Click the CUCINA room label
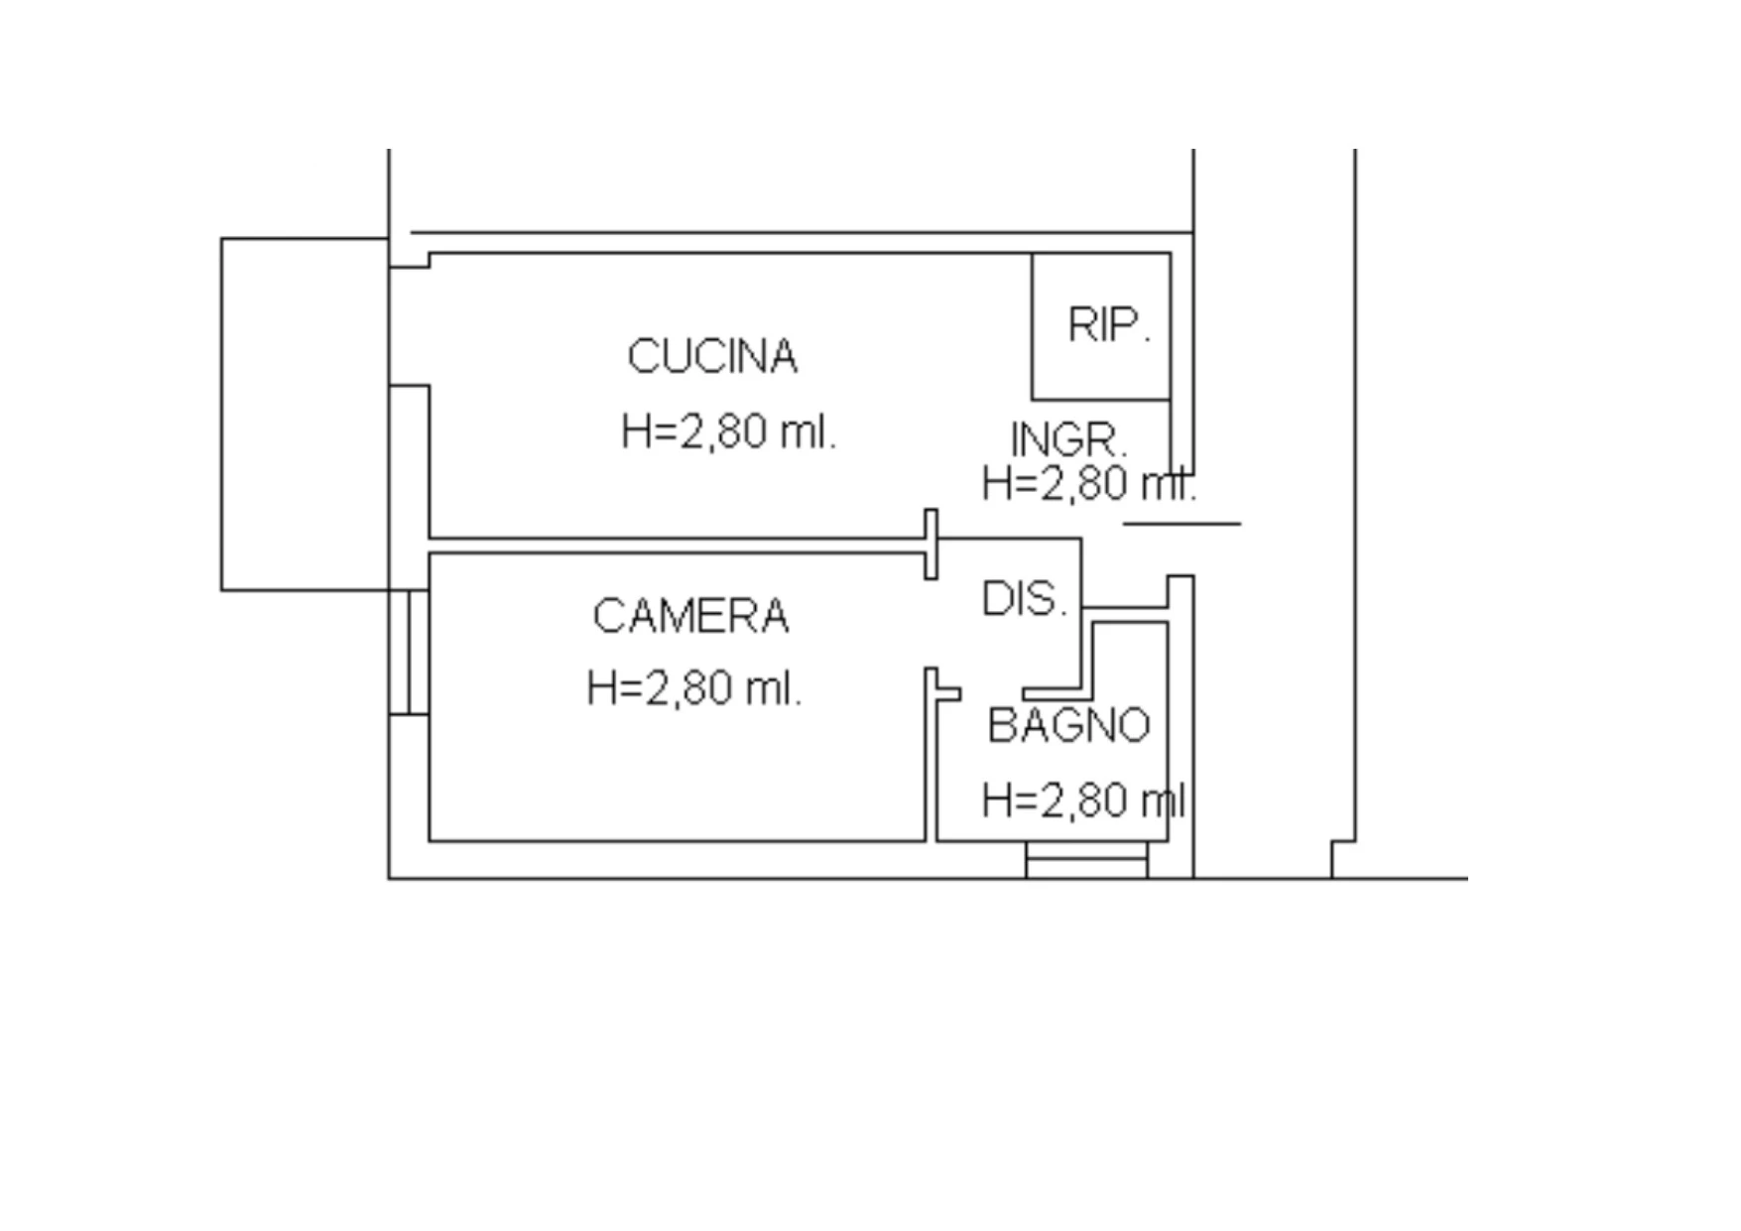point(712,357)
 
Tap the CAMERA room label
point(690,616)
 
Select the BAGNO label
point(1068,725)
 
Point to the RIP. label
point(1109,324)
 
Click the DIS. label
point(1025,599)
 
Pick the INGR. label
point(1068,440)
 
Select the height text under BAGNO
point(1083,800)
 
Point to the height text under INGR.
point(1089,484)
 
